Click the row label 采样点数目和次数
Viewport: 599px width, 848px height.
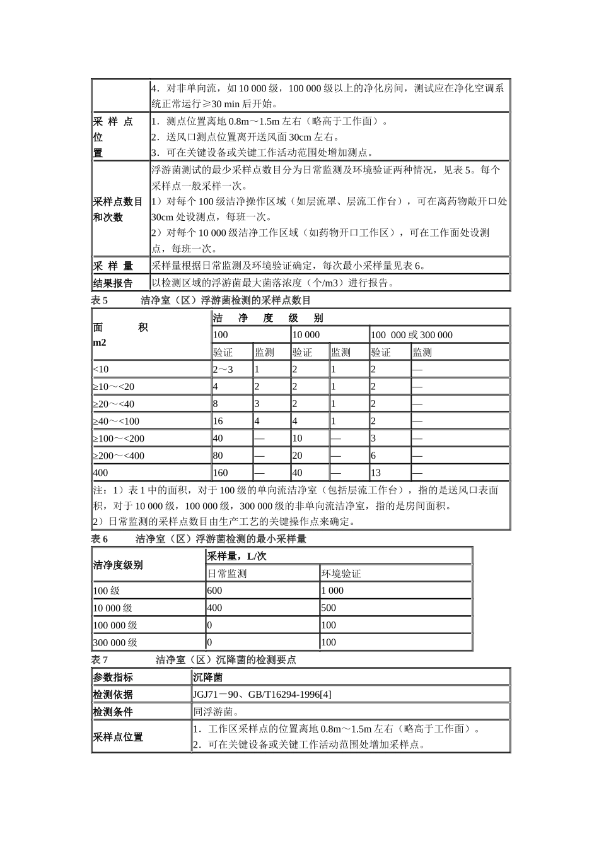point(118,209)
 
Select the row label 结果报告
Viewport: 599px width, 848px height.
point(113,283)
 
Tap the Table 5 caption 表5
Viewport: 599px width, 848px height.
point(100,300)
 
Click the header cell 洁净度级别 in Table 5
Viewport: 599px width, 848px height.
point(268,318)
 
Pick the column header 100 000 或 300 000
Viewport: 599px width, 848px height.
point(412,335)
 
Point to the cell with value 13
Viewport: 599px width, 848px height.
point(376,473)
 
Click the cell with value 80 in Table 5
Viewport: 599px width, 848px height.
point(218,456)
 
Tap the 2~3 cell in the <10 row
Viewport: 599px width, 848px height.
point(223,369)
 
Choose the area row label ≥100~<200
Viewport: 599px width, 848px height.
point(119,439)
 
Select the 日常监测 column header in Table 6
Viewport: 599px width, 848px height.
point(227,574)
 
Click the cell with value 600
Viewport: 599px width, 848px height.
point(215,591)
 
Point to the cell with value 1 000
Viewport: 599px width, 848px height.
point(333,591)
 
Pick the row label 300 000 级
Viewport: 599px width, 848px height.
point(115,642)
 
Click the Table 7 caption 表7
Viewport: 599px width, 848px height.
point(100,660)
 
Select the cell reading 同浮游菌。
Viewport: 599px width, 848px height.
point(216,712)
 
